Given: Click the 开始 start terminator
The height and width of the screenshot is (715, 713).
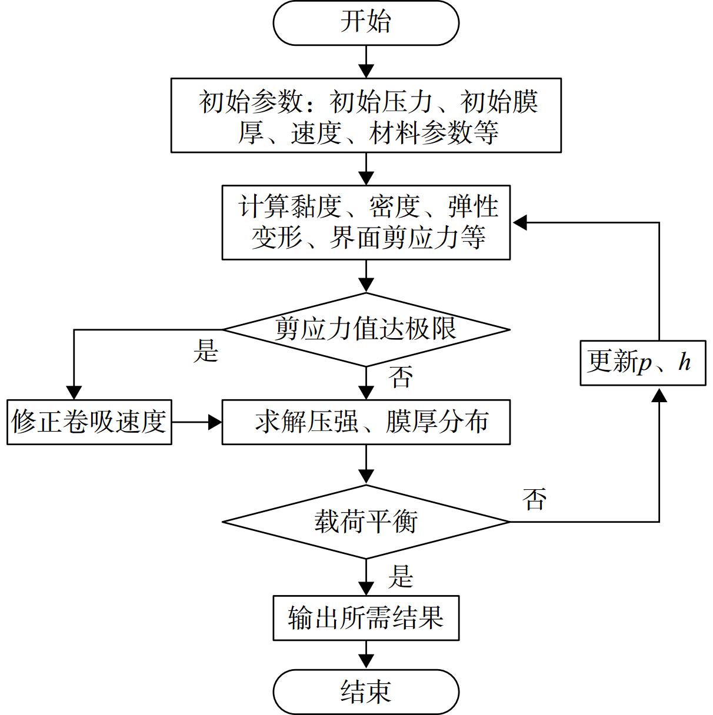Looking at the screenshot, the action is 366,23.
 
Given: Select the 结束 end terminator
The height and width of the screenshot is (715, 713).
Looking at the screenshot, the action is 366,692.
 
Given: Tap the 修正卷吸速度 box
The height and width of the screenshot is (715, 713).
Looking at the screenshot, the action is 89,422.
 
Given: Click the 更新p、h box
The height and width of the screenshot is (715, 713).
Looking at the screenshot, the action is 643,363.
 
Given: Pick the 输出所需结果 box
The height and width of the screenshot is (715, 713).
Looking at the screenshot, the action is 366,618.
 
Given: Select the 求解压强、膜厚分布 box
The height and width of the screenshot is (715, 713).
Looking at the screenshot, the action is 366,422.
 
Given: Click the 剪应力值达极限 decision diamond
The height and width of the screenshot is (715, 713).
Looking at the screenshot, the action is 366,329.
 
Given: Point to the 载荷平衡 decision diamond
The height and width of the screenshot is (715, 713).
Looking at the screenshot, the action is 366,522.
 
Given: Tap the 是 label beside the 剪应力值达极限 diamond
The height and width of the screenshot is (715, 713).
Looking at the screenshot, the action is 206,350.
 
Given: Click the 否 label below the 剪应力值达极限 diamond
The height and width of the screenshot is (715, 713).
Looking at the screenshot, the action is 401,377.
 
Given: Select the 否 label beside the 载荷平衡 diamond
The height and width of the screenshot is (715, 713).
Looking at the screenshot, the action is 534,499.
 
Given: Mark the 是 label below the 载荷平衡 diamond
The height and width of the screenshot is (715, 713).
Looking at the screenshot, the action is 401,576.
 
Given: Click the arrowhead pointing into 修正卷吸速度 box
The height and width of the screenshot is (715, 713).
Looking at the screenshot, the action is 74,393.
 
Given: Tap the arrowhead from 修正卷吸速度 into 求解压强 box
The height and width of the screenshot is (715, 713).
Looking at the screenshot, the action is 215,422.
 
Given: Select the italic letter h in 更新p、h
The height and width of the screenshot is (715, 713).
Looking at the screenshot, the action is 684,362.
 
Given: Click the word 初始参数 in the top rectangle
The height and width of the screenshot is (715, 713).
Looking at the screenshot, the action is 251,102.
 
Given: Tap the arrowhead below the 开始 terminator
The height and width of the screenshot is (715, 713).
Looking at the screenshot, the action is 366,71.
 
